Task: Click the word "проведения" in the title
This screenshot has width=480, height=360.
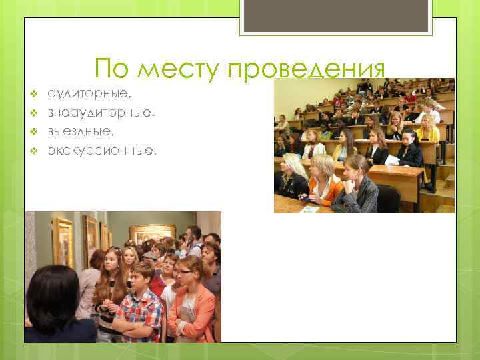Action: point(307,69)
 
